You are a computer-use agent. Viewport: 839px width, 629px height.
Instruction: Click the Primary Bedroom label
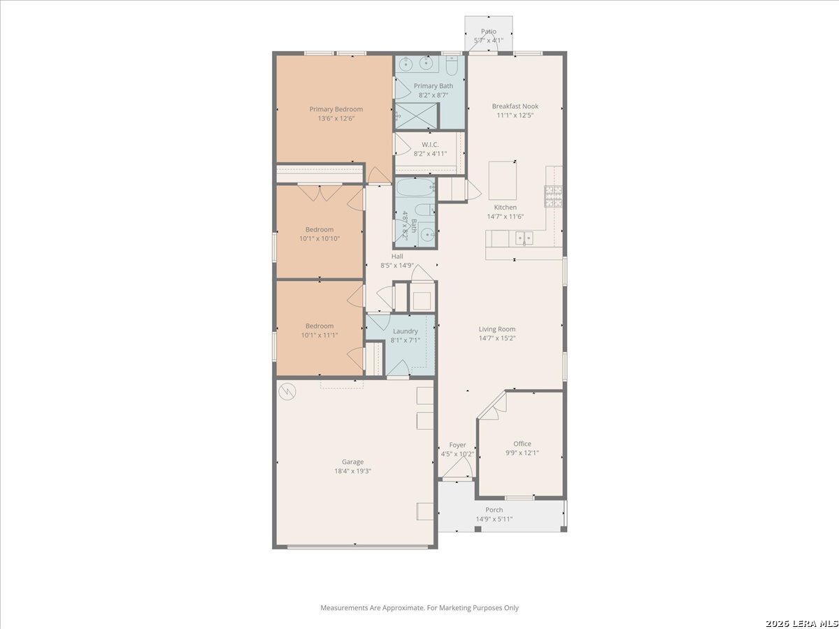[x=336, y=109]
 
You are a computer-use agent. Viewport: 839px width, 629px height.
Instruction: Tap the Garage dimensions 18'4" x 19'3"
[x=353, y=471]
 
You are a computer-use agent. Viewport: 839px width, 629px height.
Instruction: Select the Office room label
[x=522, y=444]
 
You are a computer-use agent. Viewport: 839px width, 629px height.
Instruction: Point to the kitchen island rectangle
[x=503, y=180]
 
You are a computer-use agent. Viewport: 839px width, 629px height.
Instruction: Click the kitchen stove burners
[x=554, y=196]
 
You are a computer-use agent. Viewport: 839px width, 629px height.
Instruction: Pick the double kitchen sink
[x=524, y=238]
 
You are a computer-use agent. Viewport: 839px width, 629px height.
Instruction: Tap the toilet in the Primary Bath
[x=452, y=65]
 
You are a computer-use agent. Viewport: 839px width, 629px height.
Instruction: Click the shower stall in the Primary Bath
[x=416, y=116]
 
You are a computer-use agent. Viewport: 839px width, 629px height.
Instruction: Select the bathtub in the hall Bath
[x=415, y=187]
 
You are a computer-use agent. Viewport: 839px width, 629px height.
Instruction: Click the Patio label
[x=489, y=31]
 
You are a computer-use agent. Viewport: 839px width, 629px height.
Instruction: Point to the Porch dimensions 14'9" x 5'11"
[x=494, y=519]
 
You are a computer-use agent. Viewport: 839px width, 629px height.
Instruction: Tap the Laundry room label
[x=405, y=331]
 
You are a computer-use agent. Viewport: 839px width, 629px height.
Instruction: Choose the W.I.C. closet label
[x=430, y=145]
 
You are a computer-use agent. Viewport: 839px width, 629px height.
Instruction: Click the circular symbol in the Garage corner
[x=287, y=391]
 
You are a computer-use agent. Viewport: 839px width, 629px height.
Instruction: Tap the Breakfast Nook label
[x=515, y=106]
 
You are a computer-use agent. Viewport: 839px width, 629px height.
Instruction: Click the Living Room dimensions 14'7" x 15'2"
[x=497, y=338]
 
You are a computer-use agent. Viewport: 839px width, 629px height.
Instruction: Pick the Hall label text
[x=397, y=256]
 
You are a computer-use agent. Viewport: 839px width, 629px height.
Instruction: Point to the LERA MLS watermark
[x=801, y=623]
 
